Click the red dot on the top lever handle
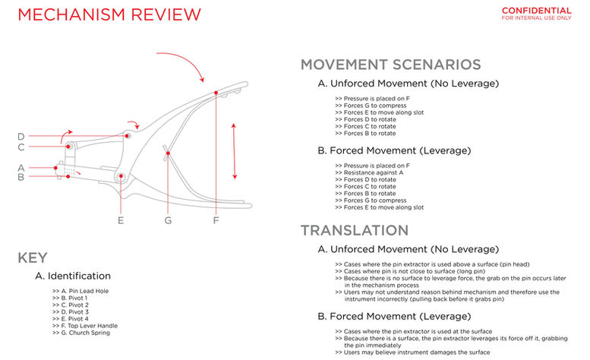pyautogui.click(x=216, y=93)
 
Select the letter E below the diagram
pyautogui.click(x=121, y=220)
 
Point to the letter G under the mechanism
pyautogui.click(x=168, y=220)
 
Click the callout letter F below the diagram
pyautogui.click(x=216, y=220)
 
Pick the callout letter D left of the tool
pyautogui.click(x=21, y=137)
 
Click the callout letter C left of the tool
pyautogui.click(x=21, y=147)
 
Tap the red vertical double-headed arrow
pyautogui.click(x=234, y=151)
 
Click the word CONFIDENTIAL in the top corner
pyautogui.click(x=536, y=11)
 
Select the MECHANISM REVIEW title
pyautogui.click(x=109, y=14)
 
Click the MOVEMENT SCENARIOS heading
pyautogui.click(x=390, y=65)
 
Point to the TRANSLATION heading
pyautogui.click(x=355, y=230)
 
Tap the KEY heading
pyautogui.click(x=33, y=258)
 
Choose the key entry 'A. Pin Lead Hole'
pyautogui.click(x=80, y=292)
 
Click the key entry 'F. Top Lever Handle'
pyautogui.click(x=86, y=326)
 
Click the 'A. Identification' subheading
pyautogui.click(x=73, y=276)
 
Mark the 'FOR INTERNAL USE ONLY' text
pyautogui.click(x=536, y=18)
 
